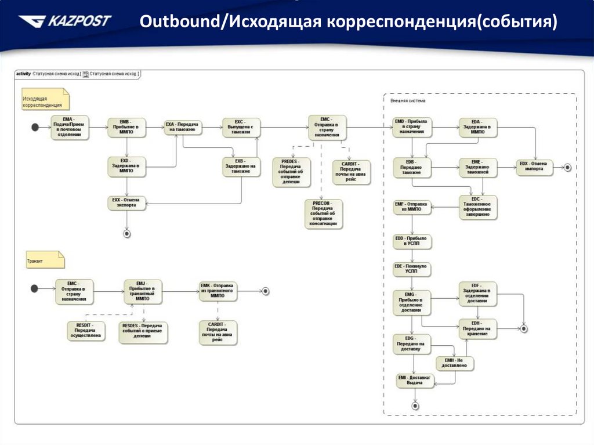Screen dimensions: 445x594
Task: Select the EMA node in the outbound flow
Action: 70,128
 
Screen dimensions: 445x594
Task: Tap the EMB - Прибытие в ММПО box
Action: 126,128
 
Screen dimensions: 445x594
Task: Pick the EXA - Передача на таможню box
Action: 183,127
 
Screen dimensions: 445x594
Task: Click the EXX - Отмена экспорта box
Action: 126,203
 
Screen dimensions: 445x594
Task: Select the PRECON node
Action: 324,214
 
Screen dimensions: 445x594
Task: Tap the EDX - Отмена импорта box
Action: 535,167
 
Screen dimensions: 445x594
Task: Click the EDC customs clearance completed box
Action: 477,207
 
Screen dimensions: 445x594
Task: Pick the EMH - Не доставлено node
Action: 455,363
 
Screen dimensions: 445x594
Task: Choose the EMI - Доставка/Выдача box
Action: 414,381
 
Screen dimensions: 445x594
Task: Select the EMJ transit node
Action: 143,292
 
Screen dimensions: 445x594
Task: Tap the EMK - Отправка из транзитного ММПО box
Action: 218,291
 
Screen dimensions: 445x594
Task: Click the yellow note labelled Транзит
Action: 45,260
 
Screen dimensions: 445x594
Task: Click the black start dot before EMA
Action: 35,127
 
